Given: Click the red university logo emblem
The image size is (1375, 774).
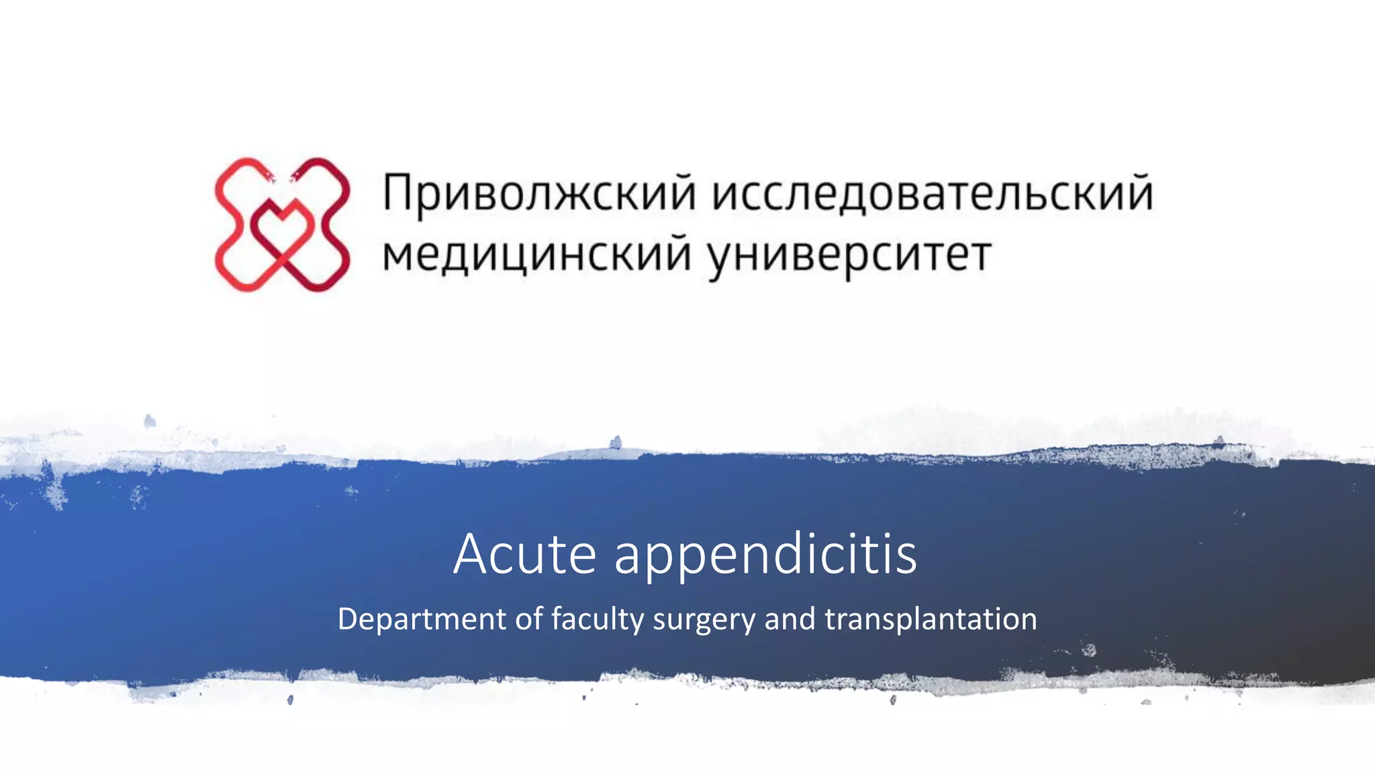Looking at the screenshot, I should (x=282, y=224).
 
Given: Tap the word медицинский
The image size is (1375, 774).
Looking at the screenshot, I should (x=536, y=255).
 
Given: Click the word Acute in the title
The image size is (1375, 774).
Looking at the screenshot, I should (x=524, y=554).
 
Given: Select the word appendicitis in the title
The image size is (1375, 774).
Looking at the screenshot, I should (x=765, y=556).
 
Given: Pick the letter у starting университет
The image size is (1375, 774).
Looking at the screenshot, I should (x=722, y=259).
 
